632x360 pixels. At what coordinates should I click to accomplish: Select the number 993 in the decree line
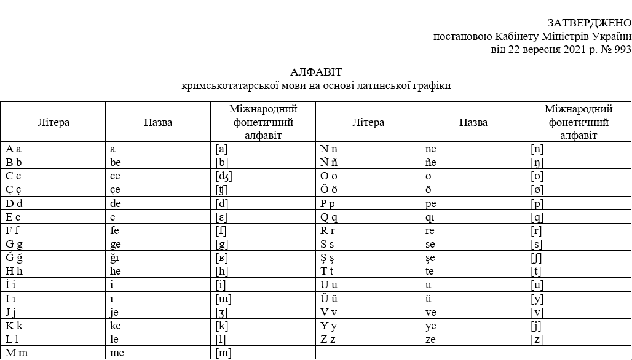click(622, 50)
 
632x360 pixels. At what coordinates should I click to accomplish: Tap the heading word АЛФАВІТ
click(316, 72)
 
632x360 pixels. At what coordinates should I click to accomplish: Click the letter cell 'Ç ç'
click(14, 190)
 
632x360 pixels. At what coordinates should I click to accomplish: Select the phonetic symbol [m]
click(224, 353)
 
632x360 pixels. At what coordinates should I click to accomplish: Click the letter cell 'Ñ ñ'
click(329, 163)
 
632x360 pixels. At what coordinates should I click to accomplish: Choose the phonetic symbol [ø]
click(537, 190)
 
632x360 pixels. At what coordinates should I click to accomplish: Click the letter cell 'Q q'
click(329, 217)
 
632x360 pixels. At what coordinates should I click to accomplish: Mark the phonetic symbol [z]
click(537, 339)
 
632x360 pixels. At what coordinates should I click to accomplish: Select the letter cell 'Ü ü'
click(329, 299)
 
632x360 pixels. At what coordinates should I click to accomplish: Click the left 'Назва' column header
click(158, 122)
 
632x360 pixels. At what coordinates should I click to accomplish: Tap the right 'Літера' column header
click(368, 122)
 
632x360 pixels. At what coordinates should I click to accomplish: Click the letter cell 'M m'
click(17, 353)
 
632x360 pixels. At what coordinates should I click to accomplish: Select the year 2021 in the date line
click(575, 50)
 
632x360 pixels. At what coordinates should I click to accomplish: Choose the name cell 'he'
click(117, 272)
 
